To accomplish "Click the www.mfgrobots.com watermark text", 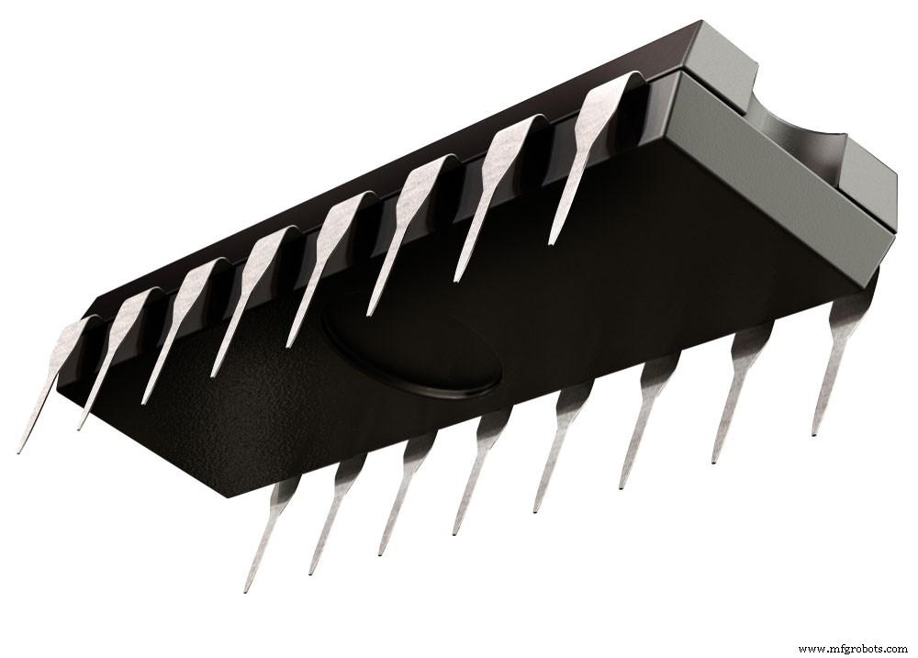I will coord(854,649).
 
